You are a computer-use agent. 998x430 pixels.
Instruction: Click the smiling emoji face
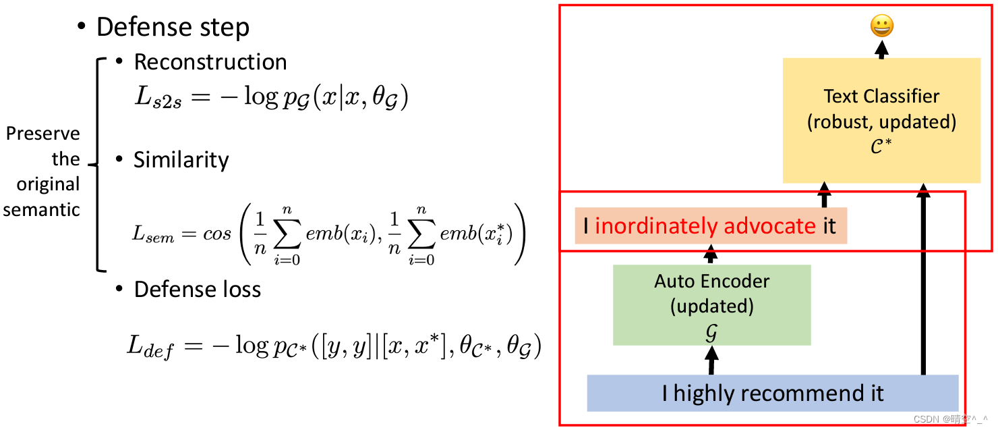click(882, 26)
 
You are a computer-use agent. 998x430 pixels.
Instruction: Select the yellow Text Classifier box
click(881, 120)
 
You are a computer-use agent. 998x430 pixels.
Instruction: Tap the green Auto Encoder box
click(711, 305)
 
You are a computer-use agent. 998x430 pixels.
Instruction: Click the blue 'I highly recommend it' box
click(772, 393)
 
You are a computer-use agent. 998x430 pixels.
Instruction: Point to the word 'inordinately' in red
click(654, 226)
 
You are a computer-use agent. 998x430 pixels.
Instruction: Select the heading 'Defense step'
click(173, 27)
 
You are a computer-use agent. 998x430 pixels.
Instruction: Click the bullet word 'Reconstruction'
click(210, 62)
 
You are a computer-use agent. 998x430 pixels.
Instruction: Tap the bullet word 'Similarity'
click(181, 160)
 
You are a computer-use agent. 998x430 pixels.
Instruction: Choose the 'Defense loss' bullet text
click(197, 290)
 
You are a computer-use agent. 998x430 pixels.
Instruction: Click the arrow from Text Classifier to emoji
click(882, 49)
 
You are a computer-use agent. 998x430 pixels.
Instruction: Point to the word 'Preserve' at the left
click(42, 134)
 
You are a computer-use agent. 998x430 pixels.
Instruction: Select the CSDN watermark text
click(948, 419)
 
